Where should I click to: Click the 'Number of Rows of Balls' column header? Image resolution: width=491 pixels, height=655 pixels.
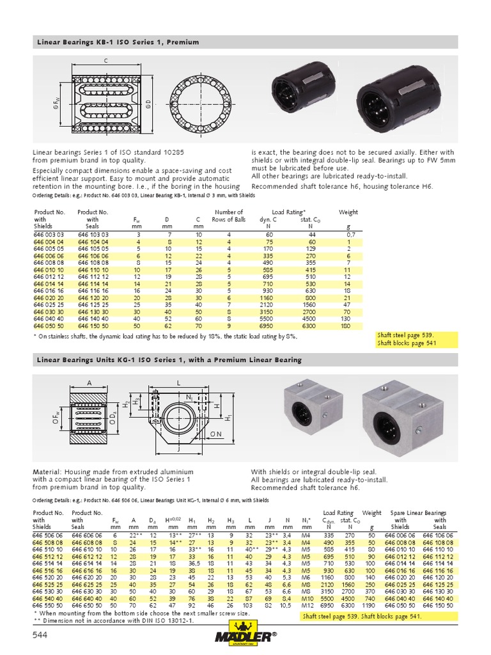click(229, 216)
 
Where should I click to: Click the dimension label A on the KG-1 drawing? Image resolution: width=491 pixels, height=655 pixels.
click(90, 383)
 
